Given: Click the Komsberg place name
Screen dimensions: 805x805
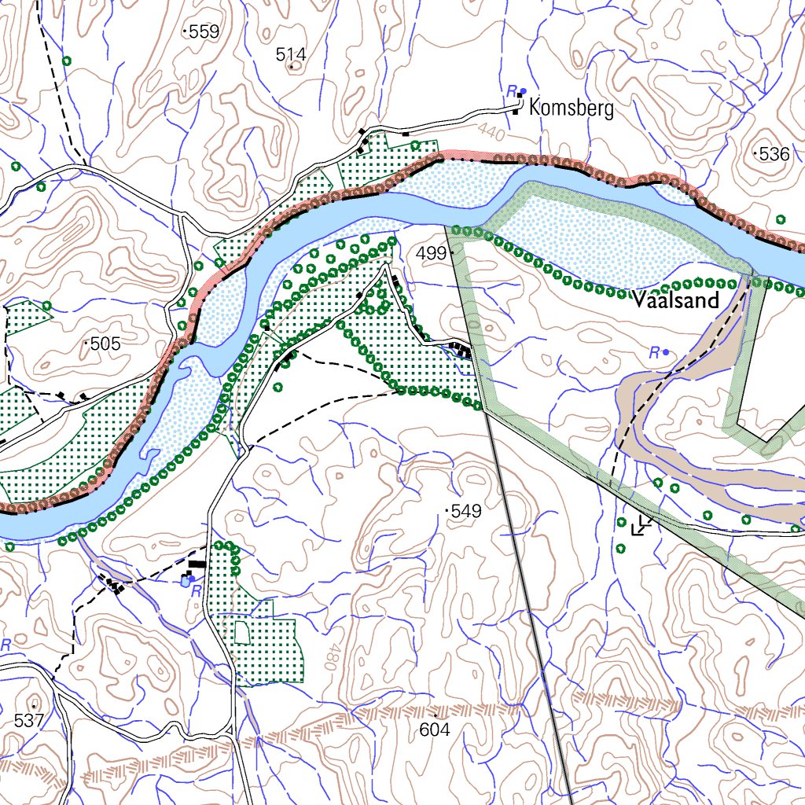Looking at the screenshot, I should (572, 108).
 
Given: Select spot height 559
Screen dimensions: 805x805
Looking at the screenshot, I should (201, 32).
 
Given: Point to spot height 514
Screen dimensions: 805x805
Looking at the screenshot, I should (290, 54).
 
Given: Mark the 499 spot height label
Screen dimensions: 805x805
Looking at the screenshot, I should (431, 253).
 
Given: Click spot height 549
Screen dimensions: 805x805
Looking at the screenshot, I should (465, 511).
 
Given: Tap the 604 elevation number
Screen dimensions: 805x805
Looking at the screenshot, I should (434, 730).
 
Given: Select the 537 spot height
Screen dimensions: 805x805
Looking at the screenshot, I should (29, 719).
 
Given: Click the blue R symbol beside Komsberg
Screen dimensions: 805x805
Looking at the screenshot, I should (512, 90).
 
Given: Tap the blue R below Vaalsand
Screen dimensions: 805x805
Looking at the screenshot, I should (653, 353).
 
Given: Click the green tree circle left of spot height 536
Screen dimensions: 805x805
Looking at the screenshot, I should (781, 219).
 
